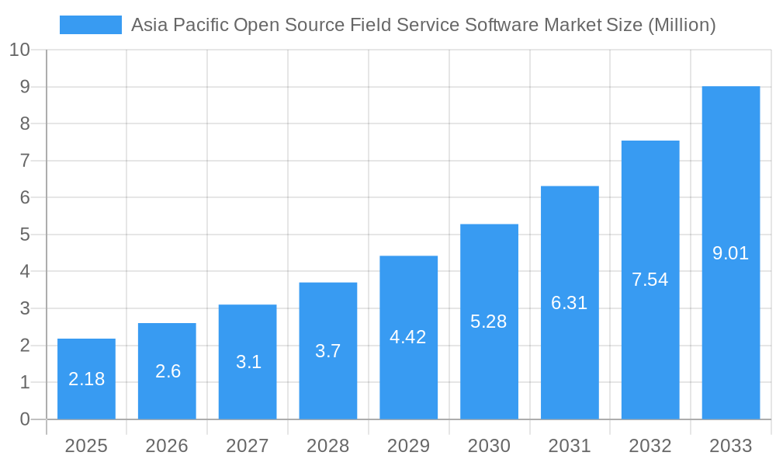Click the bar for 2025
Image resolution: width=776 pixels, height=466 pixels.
tap(86, 379)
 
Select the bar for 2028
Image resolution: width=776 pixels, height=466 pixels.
tap(328, 351)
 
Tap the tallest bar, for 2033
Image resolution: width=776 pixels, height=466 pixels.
tap(730, 252)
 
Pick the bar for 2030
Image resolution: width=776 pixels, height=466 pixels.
tap(489, 322)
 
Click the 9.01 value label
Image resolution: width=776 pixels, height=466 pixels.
tap(730, 253)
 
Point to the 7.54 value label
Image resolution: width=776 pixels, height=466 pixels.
tap(650, 280)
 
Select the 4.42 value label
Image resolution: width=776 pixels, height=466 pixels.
tap(408, 338)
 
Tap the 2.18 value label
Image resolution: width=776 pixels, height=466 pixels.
tap(86, 380)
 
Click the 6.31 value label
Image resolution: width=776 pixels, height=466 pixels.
tap(570, 304)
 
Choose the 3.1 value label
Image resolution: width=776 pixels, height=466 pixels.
tap(248, 362)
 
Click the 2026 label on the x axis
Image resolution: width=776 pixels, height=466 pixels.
tap(167, 446)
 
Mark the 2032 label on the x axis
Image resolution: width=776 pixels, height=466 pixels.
tap(650, 446)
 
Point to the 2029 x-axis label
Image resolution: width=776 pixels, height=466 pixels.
tap(408, 446)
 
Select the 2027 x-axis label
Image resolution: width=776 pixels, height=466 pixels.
tap(248, 446)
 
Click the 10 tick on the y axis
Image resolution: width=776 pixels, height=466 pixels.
tap(19, 50)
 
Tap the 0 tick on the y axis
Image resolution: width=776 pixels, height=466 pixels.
tap(25, 419)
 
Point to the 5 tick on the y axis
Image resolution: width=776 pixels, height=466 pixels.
tap(25, 235)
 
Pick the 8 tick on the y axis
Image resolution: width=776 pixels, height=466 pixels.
tap(25, 124)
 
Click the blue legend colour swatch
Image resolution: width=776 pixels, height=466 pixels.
tap(91, 25)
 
